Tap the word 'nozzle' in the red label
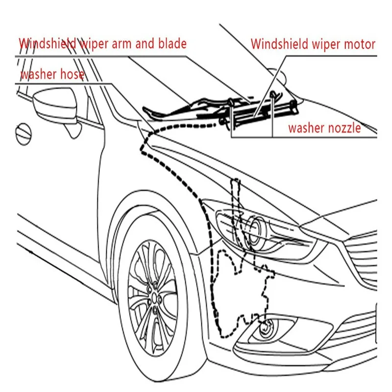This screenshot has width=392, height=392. click(345, 128)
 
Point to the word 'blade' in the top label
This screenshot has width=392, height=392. click(171, 44)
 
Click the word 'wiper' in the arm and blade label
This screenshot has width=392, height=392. click(95, 44)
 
